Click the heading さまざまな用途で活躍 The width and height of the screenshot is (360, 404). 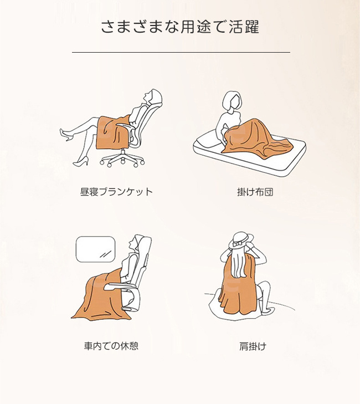click(x=180, y=27)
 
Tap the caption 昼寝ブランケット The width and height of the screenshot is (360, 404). click(x=116, y=192)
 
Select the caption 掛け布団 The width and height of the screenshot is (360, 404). click(x=255, y=192)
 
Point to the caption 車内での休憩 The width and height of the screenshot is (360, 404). click(x=111, y=346)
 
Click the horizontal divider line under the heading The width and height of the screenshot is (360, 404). click(x=181, y=52)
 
